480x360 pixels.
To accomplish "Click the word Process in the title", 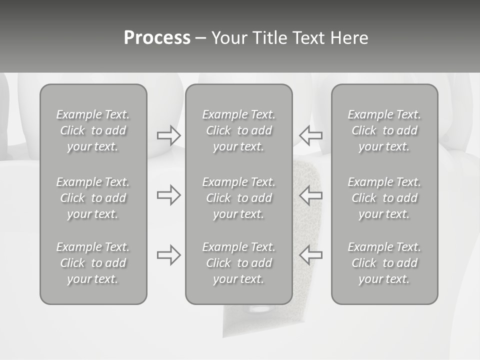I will tap(157, 38).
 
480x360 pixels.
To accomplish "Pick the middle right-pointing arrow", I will tap(169, 195).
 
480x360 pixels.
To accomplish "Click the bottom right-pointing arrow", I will tap(169, 255).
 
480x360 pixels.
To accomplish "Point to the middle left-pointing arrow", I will tap(310, 195).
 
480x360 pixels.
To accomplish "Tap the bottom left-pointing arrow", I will tap(310, 255).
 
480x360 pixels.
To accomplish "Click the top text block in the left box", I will tap(93, 130).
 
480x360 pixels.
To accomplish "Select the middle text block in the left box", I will tap(93, 198).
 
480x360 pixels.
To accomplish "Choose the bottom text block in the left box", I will tap(93, 263).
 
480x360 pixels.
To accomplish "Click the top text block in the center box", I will tap(239, 130).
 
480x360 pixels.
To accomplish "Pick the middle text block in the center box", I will tap(239, 198).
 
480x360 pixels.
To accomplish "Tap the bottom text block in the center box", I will tap(239, 263).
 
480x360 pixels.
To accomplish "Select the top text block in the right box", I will tap(384, 130).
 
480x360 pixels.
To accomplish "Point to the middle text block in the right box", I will tap(384, 198).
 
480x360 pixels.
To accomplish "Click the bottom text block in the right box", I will tap(384, 263).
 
